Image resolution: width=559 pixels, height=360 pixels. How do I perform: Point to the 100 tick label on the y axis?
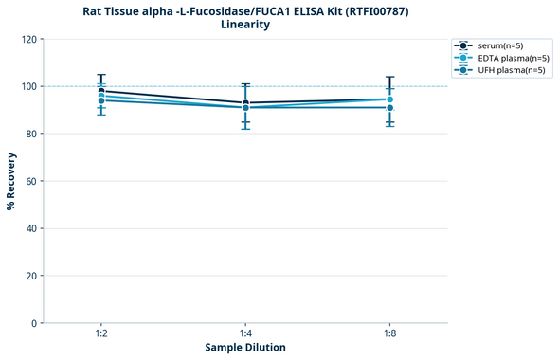29,86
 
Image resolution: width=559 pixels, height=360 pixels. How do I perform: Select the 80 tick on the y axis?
32,134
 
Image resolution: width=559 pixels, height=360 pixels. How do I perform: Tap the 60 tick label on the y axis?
32,181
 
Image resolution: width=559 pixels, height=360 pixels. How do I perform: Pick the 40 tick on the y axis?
32,228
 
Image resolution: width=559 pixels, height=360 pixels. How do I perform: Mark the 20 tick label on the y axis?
32,276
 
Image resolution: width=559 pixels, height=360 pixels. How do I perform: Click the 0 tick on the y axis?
34,323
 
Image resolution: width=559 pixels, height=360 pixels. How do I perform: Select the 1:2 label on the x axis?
101,334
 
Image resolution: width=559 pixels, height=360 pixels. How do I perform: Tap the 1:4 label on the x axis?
245,334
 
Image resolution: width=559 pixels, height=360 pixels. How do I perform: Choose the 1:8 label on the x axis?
389,334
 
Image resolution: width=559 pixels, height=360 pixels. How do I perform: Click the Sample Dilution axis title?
245,348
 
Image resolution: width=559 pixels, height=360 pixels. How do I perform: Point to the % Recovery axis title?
11,181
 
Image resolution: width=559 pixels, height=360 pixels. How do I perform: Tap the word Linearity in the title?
245,25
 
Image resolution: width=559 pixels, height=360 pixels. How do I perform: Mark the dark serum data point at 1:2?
101,91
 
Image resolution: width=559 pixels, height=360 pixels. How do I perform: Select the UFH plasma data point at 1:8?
389,108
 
